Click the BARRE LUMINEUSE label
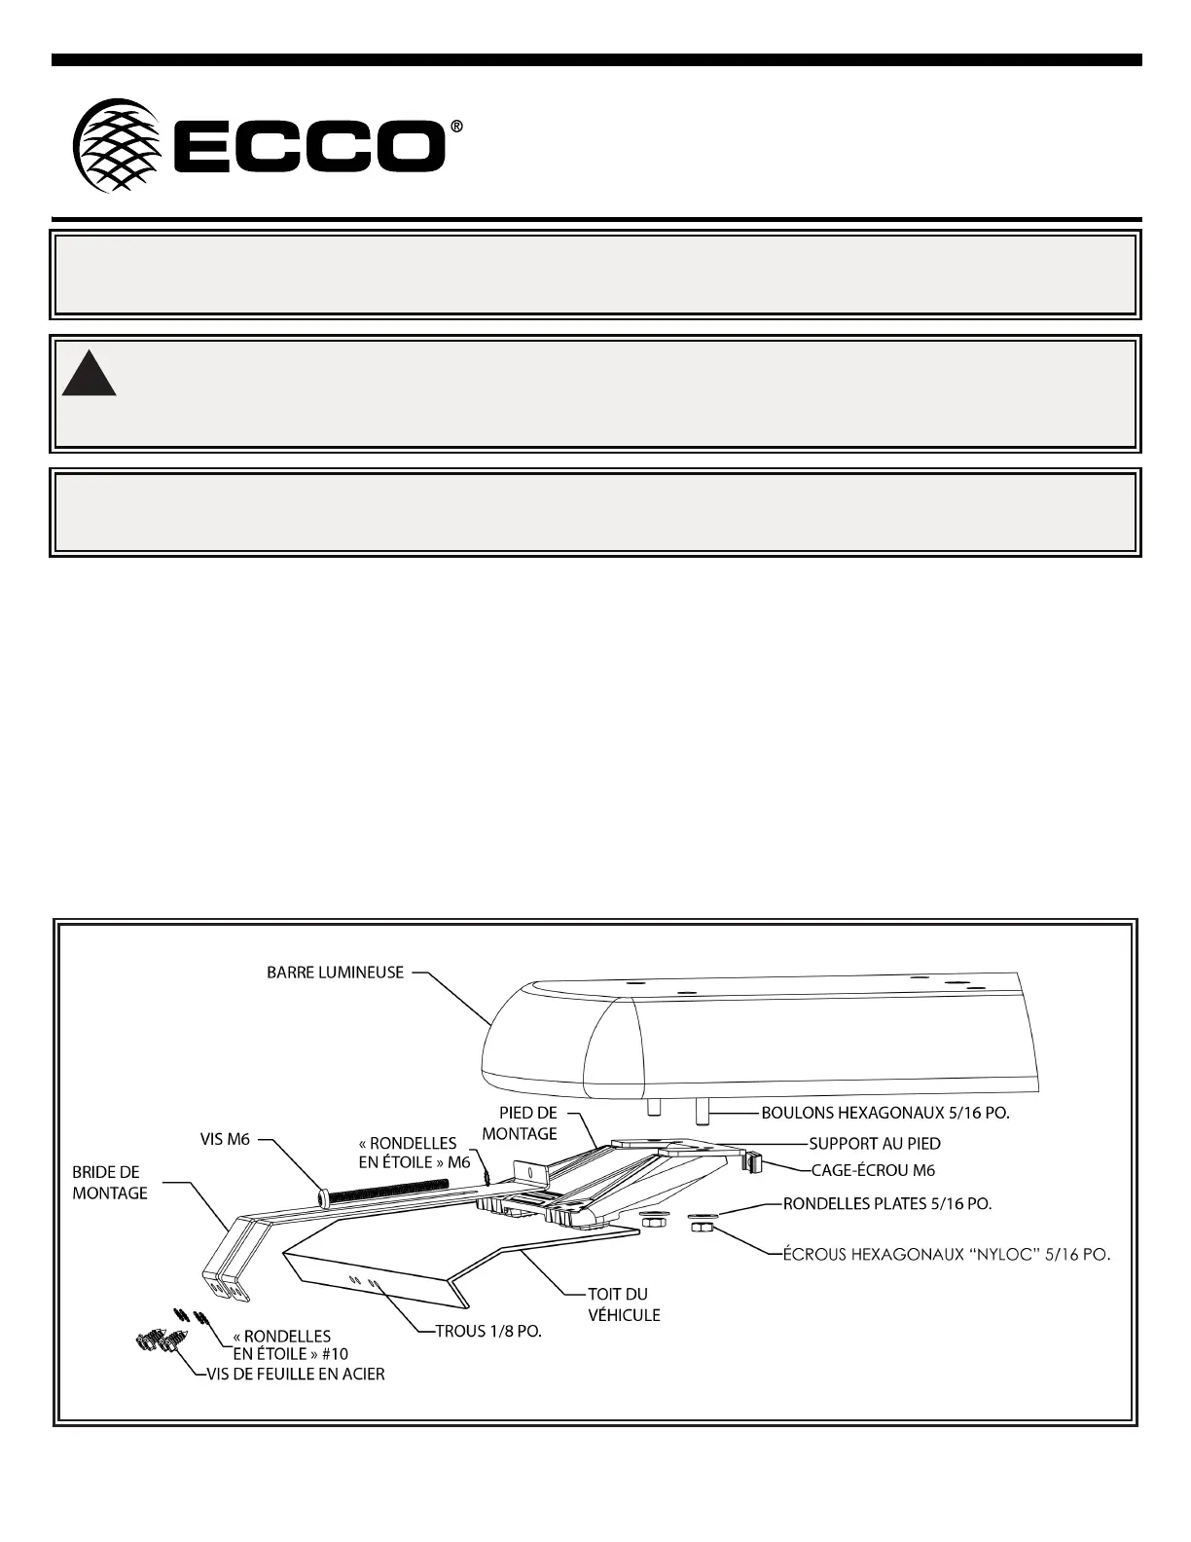pyautogui.click(x=335, y=973)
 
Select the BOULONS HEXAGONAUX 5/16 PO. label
pyautogui.click(x=884, y=1113)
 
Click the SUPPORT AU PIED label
pyautogui.click(x=875, y=1143)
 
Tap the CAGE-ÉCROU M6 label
pyautogui.click(x=873, y=1170)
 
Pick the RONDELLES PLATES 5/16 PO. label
pyautogui.click(x=887, y=1204)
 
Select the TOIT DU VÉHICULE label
pyautogui.click(x=624, y=1304)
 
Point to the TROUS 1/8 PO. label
pyautogui.click(x=487, y=1333)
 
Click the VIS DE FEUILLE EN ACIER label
pyautogui.click(x=295, y=1375)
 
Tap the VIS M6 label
pyautogui.click(x=223, y=1140)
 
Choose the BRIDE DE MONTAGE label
pyautogui.click(x=110, y=1183)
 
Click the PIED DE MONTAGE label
pyautogui.click(x=520, y=1122)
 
